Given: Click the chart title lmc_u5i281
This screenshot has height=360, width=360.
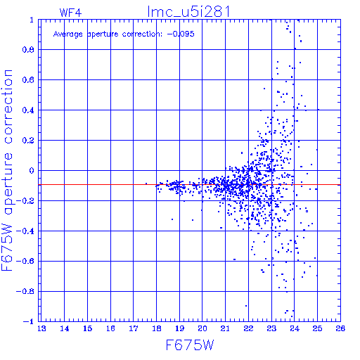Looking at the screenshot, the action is [x=188, y=12].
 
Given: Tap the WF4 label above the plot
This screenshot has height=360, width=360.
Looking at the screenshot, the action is [x=70, y=13].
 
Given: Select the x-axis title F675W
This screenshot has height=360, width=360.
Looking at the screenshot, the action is [x=190, y=345].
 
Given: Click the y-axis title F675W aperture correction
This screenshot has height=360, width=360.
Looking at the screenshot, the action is [x=7, y=170].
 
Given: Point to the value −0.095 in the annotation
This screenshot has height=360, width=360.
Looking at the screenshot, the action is [x=181, y=34].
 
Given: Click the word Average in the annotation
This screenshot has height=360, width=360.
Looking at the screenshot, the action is [x=68, y=34].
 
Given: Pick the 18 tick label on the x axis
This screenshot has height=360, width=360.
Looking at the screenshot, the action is [x=157, y=328].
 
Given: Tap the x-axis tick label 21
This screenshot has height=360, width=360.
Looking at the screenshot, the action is [x=225, y=328].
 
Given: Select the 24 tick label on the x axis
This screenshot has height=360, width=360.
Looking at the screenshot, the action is [x=295, y=328].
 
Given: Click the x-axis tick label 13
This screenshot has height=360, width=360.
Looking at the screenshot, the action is [x=41, y=328].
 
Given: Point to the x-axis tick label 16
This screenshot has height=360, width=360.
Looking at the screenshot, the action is [x=110, y=328].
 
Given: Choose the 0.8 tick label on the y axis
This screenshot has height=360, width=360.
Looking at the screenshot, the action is [x=28, y=50].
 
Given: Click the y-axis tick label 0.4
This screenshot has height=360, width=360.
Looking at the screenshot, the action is [x=28, y=110].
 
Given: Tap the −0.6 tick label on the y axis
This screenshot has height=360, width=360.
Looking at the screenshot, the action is [x=25, y=261].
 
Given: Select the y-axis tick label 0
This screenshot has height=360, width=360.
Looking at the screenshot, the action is [x=32, y=170].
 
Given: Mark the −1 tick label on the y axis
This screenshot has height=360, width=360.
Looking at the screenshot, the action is [x=29, y=321].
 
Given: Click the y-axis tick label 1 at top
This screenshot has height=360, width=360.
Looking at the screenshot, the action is [x=32, y=20].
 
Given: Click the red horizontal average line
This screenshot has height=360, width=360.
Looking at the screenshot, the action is [x=189, y=185].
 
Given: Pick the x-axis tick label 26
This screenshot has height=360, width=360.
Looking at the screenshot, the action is [x=340, y=328].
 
